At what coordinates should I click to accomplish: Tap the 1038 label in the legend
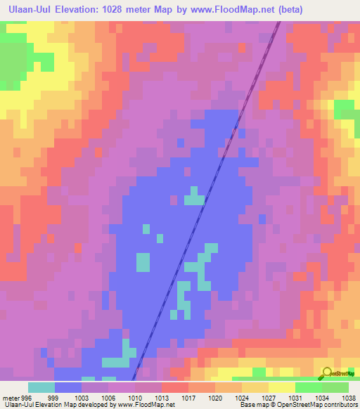[349, 397]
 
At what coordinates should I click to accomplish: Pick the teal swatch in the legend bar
[41, 387]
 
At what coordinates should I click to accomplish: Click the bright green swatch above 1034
[309, 387]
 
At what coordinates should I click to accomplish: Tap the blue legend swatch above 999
[68, 387]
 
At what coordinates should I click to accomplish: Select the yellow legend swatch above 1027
[255, 387]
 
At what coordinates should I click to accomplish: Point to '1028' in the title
[139, 10]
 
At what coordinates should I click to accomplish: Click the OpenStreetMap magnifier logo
[327, 372]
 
